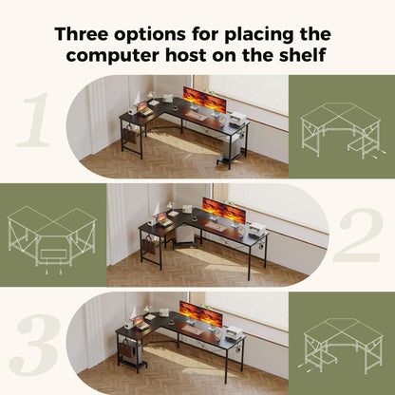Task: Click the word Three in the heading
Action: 81,34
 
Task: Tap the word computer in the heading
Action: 113,55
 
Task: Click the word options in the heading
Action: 150,35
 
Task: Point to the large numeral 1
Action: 34,120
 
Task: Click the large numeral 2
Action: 357,235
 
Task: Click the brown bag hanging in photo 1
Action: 128,135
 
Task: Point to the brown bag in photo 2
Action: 148,245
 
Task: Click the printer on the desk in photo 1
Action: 238,119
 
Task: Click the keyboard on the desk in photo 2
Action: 215,226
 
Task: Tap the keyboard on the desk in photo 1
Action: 196,116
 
